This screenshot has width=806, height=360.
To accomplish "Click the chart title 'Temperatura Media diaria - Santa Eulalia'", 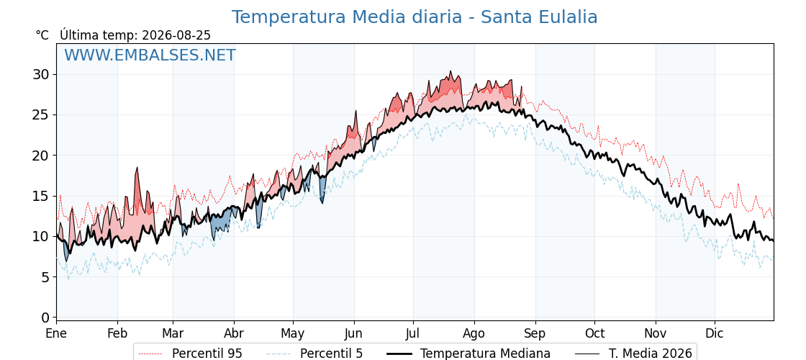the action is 415,17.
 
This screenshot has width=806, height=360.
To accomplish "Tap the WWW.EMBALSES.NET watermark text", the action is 150,55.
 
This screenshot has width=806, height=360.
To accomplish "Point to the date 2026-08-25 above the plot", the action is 176,35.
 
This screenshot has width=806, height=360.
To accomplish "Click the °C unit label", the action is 42,35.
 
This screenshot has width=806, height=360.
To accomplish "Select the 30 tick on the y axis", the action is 41,75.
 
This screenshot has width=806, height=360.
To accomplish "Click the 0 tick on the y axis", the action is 46,318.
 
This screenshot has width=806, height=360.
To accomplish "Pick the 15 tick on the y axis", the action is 41,196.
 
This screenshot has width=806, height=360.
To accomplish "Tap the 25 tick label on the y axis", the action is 41,114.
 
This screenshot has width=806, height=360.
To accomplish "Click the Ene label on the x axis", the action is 57,333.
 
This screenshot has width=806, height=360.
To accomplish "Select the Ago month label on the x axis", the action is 474,333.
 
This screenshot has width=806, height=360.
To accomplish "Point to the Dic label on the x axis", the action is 714,333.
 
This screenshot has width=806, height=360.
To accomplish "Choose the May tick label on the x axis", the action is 292,333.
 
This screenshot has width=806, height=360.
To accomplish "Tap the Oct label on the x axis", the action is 594,333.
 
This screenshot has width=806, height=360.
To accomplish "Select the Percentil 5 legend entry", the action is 315,354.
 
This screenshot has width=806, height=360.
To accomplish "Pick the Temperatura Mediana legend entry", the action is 468,354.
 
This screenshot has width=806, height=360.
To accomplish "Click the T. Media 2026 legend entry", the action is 634,354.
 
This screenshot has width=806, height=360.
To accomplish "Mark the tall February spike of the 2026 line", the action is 137,168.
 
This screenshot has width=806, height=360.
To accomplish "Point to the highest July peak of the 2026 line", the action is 450,71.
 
